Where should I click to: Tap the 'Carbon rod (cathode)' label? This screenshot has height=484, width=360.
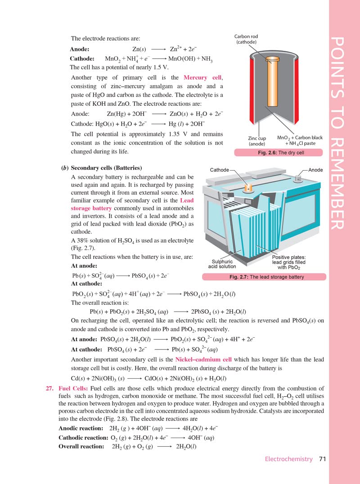tap(246, 39)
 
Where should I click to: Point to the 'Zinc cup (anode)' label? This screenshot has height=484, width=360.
tap(257, 140)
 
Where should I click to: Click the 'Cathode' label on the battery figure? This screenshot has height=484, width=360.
tap(220, 170)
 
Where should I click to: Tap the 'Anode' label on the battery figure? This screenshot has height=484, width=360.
tap(316, 170)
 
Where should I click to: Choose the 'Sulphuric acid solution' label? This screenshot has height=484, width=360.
tap(222, 264)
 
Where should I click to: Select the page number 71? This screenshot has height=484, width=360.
tap(322, 459)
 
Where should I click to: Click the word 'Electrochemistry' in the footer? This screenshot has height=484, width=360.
tap(288, 459)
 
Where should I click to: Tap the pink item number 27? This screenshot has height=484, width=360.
tap(51, 389)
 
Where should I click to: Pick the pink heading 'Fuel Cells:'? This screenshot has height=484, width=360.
tap(73, 389)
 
